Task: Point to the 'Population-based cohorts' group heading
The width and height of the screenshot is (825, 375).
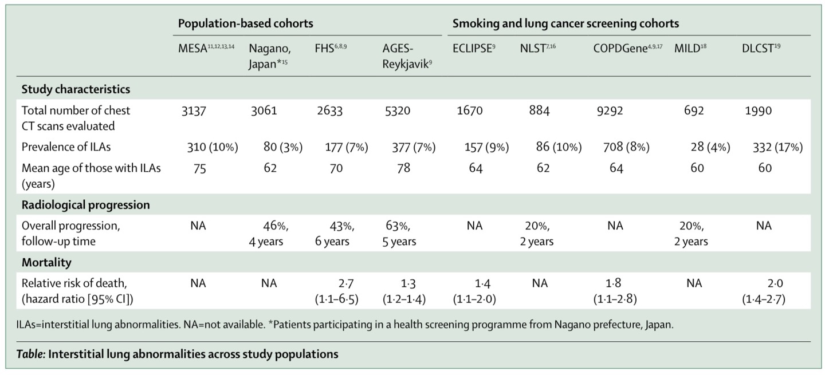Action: [x=245, y=23]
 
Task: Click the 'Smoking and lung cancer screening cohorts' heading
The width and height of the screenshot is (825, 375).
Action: [x=565, y=23]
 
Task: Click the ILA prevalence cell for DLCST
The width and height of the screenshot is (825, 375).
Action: [x=777, y=147]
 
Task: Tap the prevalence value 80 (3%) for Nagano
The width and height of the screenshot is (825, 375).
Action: [x=278, y=147]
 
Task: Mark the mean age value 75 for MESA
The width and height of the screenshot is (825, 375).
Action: [x=198, y=168]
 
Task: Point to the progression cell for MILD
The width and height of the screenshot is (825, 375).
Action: [x=691, y=234]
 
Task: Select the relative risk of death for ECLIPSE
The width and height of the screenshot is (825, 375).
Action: [x=475, y=291]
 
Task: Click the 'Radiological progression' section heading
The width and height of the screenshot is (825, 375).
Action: [x=86, y=205]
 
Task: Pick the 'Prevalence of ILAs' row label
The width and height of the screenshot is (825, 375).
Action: [x=66, y=147]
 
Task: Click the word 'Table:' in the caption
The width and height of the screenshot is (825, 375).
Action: [x=32, y=354]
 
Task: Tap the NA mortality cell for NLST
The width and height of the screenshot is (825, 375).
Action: [x=539, y=283]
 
